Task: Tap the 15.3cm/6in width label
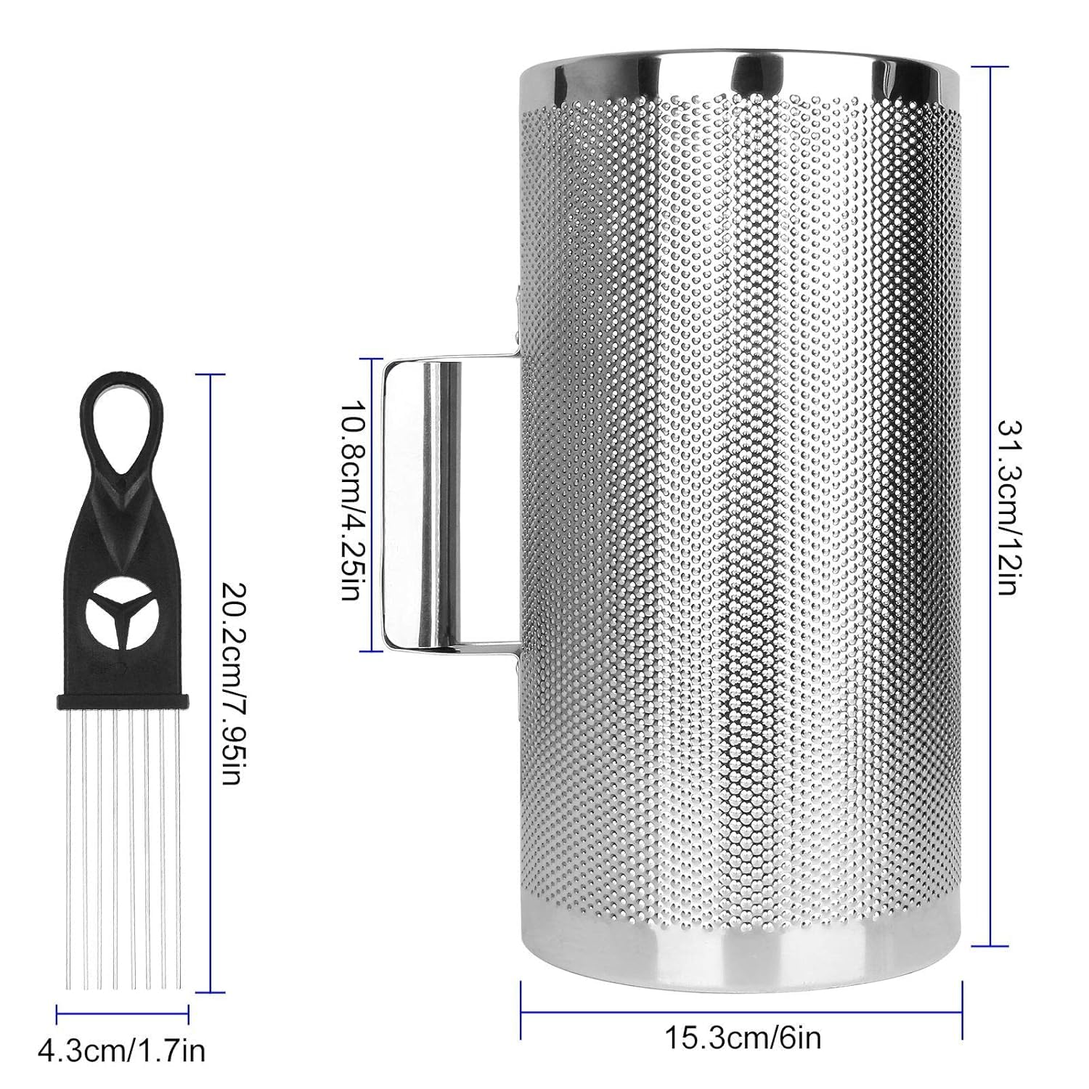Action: coord(743,1037)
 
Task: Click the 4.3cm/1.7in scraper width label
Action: coord(122,1050)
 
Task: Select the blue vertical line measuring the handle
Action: coord(372,504)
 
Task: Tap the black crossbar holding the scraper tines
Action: coord(122,702)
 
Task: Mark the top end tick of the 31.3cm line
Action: coord(991,67)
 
